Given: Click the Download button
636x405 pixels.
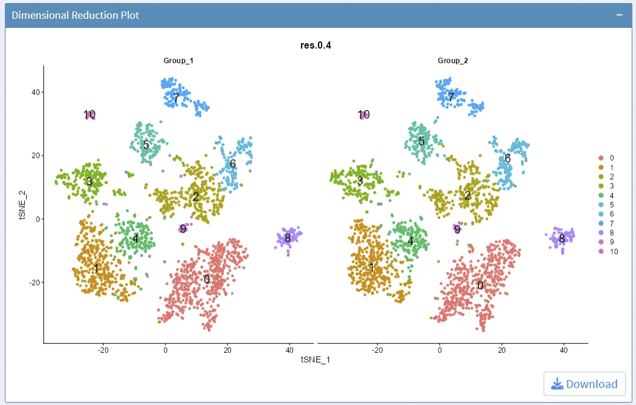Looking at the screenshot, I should tap(584, 384).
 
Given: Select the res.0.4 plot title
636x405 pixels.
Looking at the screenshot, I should tap(316, 45).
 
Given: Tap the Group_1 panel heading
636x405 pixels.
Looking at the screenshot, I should tap(179, 61).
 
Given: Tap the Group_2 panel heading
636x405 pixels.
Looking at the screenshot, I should tap(453, 61).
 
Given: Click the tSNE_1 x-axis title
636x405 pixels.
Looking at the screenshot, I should tap(316, 359).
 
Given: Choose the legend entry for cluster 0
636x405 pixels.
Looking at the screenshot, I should tap(607, 157).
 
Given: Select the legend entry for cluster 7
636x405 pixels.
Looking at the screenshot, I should tap(607, 223).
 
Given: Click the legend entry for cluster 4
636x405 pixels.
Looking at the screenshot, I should tap(607, 195).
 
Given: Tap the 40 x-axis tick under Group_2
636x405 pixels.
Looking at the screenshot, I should tap(563, 350).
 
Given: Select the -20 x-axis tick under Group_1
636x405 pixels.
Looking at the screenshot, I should tap(103, 350).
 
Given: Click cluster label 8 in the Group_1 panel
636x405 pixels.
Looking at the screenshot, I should tap(288, 238).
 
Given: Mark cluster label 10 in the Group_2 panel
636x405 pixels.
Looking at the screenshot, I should tap(364, 114).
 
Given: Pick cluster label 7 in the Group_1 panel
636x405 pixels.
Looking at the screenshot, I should tap(176, 97).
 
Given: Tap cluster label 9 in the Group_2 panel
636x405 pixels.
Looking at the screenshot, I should tap(457, 228).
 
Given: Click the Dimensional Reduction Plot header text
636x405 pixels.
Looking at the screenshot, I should tap(75, 15).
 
